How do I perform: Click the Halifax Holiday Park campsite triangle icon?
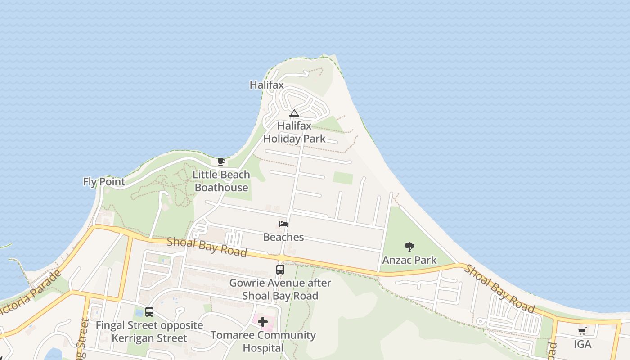point(294,113)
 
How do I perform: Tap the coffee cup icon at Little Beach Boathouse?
point(221,162)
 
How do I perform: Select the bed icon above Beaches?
point(283,224)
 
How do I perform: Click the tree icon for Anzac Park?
point(409,247)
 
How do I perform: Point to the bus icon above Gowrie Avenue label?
point(280,270)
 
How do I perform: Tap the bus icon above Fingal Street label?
point(149,311)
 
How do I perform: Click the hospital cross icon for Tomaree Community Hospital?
point(263,321)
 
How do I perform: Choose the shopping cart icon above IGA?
point(582,331)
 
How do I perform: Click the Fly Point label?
point(104,182)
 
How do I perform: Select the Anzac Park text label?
point(409,260)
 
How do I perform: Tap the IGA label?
point(582,345)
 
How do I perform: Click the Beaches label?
point(283,237)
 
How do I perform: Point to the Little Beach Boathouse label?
point(221,181)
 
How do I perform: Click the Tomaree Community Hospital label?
point(263,342)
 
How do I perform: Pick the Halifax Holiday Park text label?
point(294,132)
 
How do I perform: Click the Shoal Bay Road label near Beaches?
point(207,247)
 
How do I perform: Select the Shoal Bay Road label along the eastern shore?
point(499,289)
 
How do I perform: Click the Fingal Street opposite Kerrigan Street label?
point(149,332)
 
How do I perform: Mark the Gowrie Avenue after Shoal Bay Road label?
point(280,289)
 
